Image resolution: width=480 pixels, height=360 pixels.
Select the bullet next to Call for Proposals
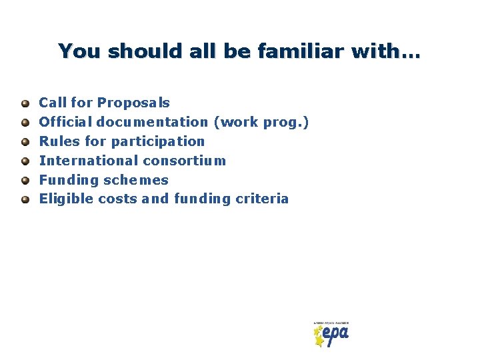25,103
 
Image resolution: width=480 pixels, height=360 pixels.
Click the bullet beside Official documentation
25,123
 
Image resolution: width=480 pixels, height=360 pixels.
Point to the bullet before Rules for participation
25,141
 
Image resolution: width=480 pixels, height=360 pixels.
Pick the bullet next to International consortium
25,161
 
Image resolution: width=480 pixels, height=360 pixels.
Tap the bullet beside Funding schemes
25,180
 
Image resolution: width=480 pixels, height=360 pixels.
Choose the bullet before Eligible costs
25,199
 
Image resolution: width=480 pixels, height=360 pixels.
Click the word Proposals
133,103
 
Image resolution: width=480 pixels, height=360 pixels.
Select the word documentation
153,122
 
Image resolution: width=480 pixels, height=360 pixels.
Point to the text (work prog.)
261,122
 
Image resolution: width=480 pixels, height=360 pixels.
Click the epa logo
331,334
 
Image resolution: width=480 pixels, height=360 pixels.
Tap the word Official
66,122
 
